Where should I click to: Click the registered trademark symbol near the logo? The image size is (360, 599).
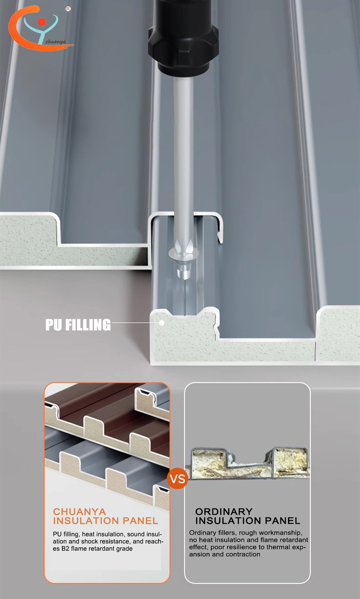click(x=68, y=9)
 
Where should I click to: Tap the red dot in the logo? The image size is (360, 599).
click(x=42, y=22)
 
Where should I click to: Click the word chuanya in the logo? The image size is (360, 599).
click(x=55, y=42)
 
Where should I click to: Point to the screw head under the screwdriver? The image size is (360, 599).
click(x=184, y=253)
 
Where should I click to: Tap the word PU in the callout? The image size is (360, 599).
click(x=54, y=325)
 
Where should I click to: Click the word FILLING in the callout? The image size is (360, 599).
click(x=88, y=325)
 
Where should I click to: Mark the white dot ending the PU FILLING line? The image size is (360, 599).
click(x=162, y=323)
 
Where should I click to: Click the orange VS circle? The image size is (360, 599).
click(x=177, y=479)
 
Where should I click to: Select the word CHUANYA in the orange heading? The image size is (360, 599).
click(x=80, y=512)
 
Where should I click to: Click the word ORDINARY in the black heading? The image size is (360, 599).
click(x=224, y=512)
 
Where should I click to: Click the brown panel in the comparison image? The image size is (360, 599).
click(x=107, y=409)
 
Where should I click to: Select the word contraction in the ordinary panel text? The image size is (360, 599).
click(x=244, y=555)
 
